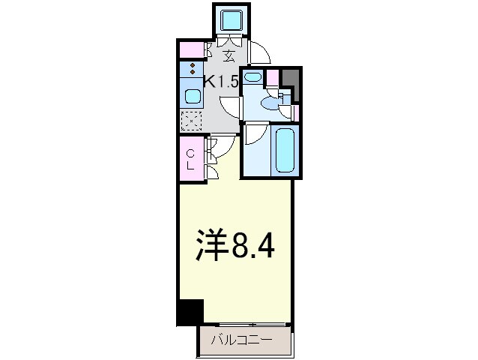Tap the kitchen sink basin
click(x=192, y=96)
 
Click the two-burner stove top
click(x=192, y=70)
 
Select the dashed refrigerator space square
click(x=192, y=120)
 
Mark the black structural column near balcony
click(x=190, y=312)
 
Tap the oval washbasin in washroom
click(x=252, y=76)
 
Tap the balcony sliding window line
click(x=244, y=325)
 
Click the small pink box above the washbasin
click(x=273, y=76)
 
